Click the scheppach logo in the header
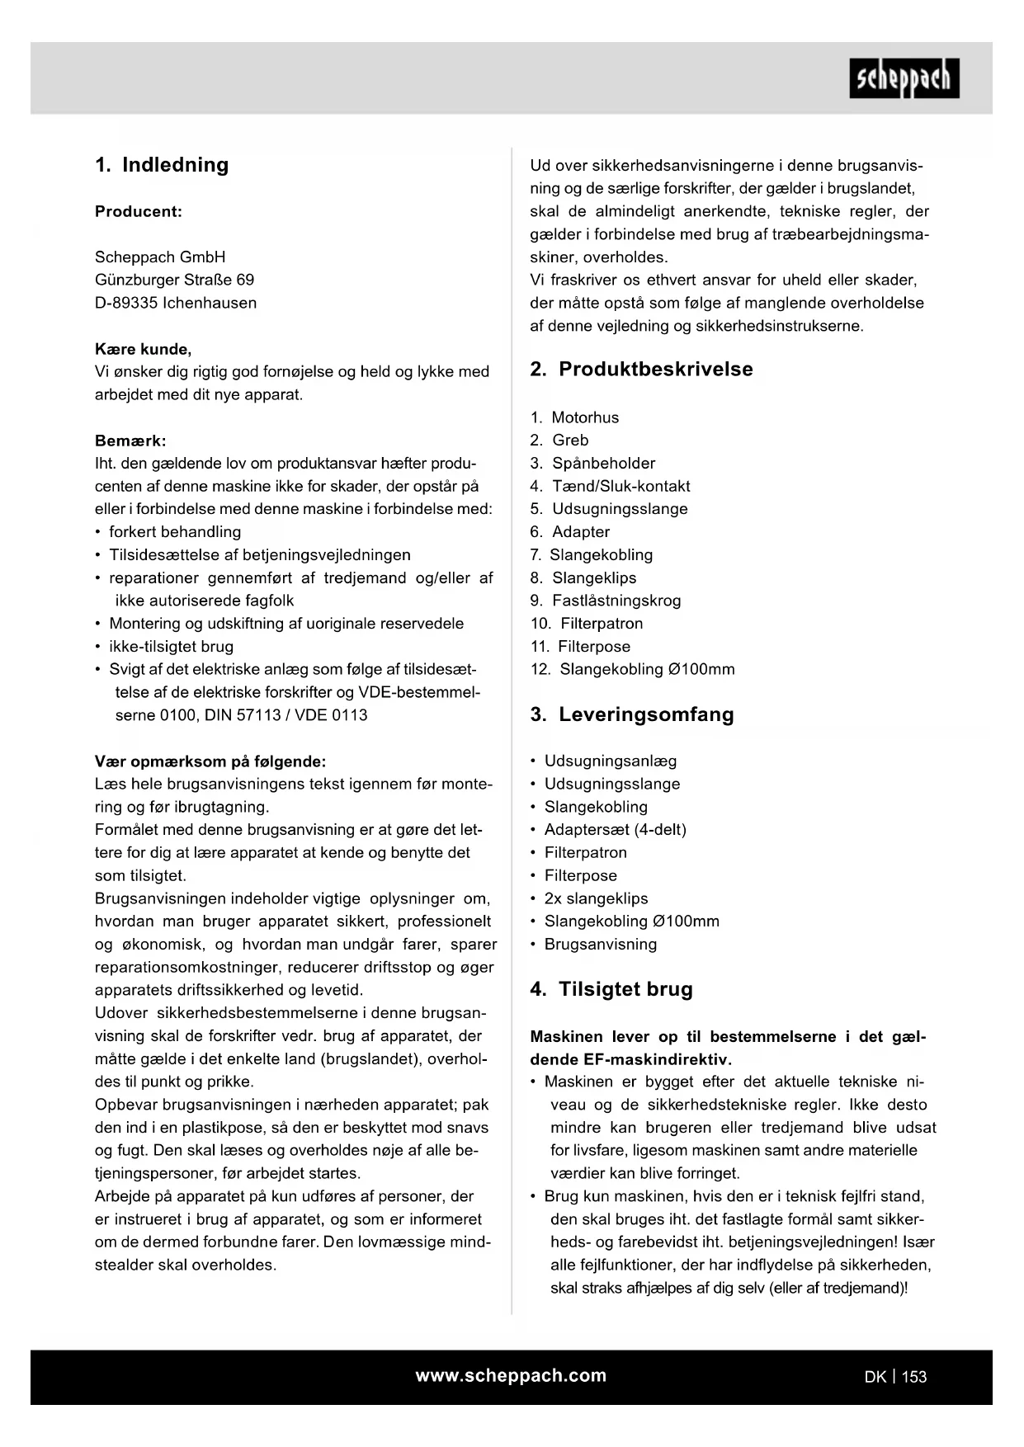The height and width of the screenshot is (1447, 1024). pyautogui.click(x=904, y=78)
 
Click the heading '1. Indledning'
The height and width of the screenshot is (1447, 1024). pyautogui.click(x=162, y=165)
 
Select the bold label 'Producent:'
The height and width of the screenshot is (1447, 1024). pyautogui.click(x=139, y=211)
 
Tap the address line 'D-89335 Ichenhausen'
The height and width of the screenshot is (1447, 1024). pyautogui.click(x=176, y=303)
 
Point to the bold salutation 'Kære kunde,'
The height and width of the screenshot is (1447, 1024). pyautogui.click(x=144, y=349)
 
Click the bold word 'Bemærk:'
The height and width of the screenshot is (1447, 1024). pyautogui.click(x=130, y=441)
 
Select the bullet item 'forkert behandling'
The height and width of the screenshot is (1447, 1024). pyautogui.click(x=175, y=532)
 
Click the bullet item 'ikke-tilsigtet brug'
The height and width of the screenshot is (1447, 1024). pyautogui.click(x=171, y=647)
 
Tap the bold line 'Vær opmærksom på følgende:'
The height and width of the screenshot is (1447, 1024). pyautogui.click(x=210, y=761)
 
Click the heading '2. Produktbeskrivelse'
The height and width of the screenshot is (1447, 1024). pyautogui.click(x=641, y=370)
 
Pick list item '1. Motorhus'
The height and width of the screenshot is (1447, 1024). pyautogui.click(x=574, y=417)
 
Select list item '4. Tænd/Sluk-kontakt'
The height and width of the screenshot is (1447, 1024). pyautogui.click(x=610, y=486)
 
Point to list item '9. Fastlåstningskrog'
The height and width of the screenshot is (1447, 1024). pyautogui.click(x=606, y=601)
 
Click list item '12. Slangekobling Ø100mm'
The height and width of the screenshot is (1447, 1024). pyautogui.click(x=632, y=669)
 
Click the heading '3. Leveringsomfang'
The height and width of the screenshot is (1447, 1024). pyautogui.click(x=632, y=714)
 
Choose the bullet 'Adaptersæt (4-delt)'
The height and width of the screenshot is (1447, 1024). pyautogui.click(x=615, y=830)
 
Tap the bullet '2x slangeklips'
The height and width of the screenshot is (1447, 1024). pyautogui.click(x=596, y=898)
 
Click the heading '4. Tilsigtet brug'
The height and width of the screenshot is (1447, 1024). pyautogui.click(x=611, y=989)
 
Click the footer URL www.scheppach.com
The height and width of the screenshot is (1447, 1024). pyautogui.click(x=511, y=1375)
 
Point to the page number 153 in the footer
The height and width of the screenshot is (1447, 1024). pyautogui.click(x=914, y=1377)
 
